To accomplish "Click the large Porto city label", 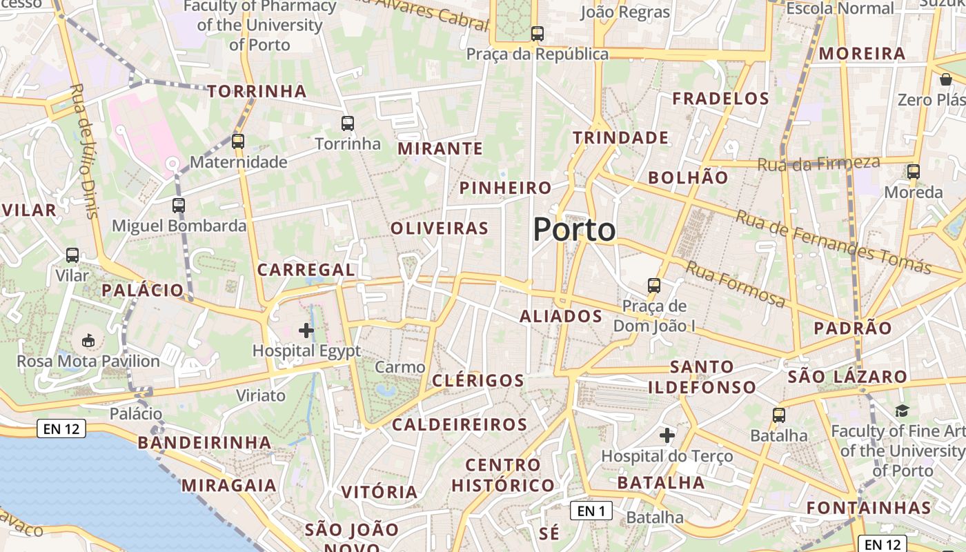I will pos(574,230).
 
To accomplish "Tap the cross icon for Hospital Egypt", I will pos(306,331).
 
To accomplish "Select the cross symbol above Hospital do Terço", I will pos(667,435).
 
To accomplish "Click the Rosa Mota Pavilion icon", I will pos(88,340).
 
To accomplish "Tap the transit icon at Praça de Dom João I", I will pos(653,284).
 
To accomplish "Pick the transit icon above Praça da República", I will pos(537,33).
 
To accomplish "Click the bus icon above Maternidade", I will pos(238,141).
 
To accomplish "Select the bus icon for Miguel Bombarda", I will pos(179,205).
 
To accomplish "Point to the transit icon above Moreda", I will pos(914,171).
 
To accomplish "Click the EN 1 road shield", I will pos(591,511).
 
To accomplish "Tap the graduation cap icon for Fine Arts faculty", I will pos(902,411).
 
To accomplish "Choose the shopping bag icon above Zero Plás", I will pos(945,79).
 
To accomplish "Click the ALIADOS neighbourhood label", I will pos(560,316).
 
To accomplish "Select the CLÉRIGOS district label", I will pos(478,380).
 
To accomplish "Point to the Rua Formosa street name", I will pos(736,283).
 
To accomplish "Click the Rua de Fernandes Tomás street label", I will pos(833,241).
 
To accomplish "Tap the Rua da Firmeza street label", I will pos(818,164).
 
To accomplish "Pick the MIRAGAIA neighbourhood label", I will pos(229,485).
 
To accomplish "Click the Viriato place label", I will pos(261,395).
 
